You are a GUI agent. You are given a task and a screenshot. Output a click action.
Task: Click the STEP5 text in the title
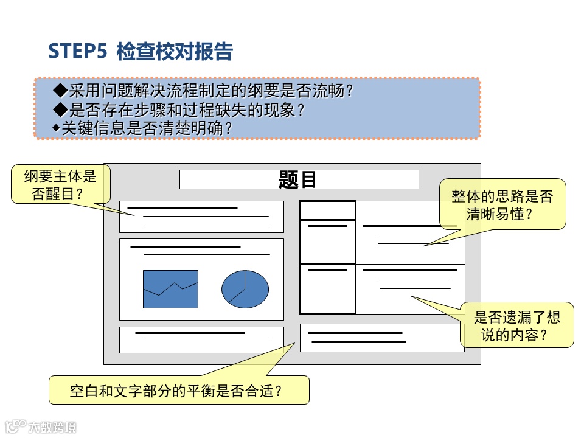point(77,52)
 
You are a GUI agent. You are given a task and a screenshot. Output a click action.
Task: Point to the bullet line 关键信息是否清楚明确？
point(147,128)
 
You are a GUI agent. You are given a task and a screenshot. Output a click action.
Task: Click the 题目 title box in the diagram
point(299,179)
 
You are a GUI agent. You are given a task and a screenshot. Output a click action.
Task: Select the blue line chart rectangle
point(170,289)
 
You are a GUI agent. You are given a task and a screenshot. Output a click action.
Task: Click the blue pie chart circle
point(245,289)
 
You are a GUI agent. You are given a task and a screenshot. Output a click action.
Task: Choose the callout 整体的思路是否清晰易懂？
point(502,204)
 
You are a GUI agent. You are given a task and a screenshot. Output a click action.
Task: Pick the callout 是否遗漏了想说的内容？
point(516,325)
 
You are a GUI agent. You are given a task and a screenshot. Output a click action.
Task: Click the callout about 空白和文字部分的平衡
point(179,390)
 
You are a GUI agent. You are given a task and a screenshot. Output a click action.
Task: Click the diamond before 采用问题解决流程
point(60,91)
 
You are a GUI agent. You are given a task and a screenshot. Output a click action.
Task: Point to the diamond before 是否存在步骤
point(60,110)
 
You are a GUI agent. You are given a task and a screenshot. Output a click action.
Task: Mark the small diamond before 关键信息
point(57,128)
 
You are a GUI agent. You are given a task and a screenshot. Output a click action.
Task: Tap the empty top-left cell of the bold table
point(327,210)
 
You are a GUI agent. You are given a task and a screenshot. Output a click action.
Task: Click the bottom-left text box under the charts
point(201,340)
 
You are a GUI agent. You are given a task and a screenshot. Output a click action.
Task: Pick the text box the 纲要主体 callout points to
point(201,217)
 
